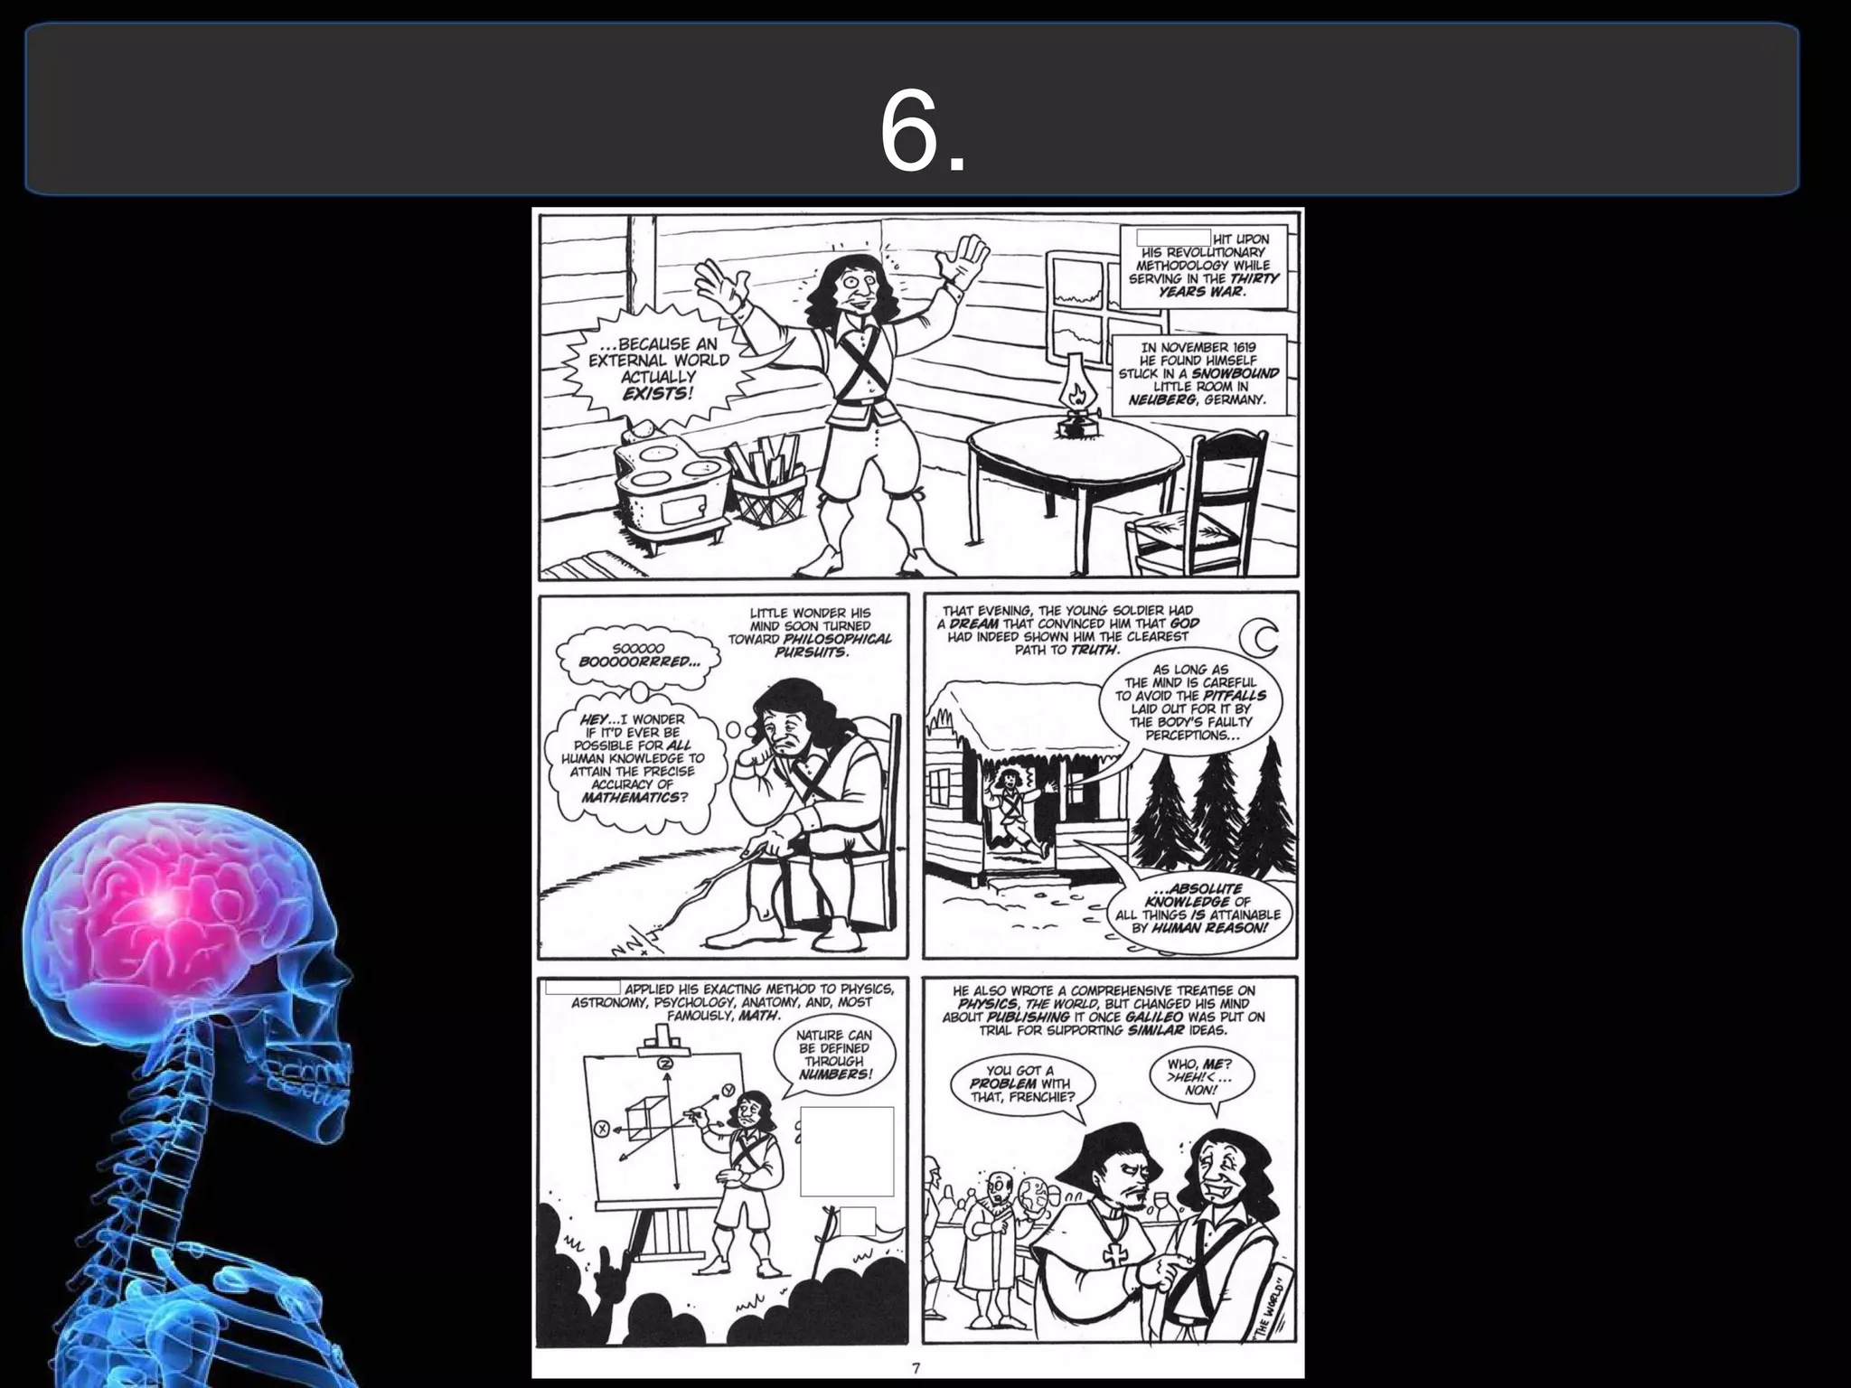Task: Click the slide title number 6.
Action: click(922, 132)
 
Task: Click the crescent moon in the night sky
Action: click(1260, 640)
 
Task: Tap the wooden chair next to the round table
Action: click(1201, 507)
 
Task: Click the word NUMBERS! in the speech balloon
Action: click(835, 1074)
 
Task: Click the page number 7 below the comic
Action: click(916, 1367)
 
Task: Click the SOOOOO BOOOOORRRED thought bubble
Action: click(639, 655)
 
